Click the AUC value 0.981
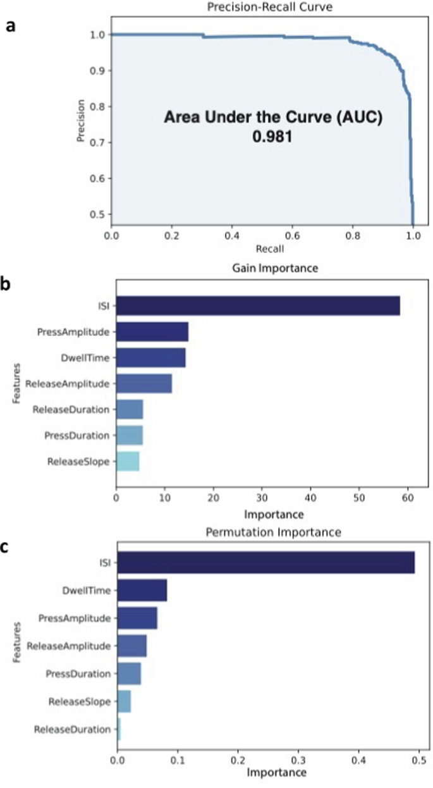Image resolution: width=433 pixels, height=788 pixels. (x=272, y=135)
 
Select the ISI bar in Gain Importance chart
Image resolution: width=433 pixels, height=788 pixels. (x=258, y=306)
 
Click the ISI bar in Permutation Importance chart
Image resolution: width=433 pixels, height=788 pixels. (x=266, y=562)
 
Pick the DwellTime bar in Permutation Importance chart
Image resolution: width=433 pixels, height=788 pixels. (x=142, y=590)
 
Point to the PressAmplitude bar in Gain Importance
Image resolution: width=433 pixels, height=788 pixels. (x=152, y=332)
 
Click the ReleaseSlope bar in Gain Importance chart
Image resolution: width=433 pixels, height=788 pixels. (x=128, y=461)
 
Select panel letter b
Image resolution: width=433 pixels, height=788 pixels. (x=9, y=285)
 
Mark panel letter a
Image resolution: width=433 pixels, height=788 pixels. (x=9, y=27)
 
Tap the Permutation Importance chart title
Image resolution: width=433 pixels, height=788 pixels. (x=274, y=533)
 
